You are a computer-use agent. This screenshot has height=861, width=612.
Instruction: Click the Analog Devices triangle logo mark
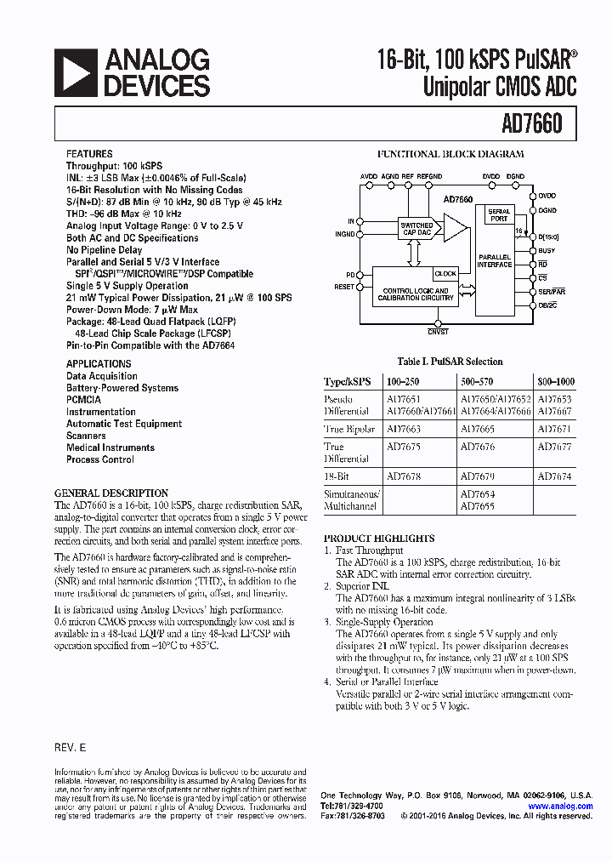coord(75,72)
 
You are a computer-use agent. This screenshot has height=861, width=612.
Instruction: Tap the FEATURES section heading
coord(89,154)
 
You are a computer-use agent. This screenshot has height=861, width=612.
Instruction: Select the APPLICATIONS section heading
coord(99,364)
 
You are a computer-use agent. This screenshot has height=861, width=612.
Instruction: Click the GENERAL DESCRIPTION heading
coord(111,493)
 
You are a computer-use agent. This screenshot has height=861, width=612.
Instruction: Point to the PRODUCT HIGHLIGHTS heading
coord(379,539)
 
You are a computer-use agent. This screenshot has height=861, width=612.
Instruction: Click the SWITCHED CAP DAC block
coord(416,228)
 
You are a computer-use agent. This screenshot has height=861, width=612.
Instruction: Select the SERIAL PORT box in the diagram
coord(499,214)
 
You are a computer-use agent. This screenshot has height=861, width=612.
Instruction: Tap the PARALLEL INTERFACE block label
coord(495,260)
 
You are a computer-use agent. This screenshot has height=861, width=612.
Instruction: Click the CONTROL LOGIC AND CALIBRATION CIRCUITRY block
coord(415,294)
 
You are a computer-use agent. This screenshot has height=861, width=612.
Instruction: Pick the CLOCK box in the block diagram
coord(445,274)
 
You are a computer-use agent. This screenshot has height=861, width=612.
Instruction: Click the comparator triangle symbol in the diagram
coord(456,228)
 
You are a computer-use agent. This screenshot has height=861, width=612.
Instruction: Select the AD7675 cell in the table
coord(403,445)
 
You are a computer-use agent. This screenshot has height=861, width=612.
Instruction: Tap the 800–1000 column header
coord(558,382)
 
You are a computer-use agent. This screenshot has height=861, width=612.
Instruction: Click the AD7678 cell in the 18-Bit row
coord(403,477)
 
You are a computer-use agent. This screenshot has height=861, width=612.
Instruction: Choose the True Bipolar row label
coord(348,430)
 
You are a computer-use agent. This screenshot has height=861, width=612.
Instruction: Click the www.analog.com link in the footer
coord(560,806)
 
